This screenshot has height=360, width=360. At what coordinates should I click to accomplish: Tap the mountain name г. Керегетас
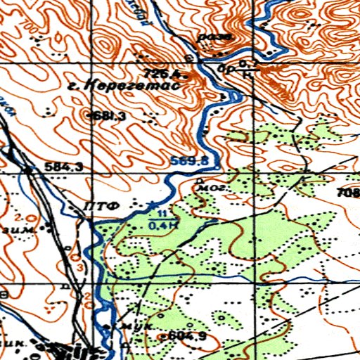click(132, 86)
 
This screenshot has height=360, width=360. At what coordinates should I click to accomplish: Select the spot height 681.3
click(109, 116)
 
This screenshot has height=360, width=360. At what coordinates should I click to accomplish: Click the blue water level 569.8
click(190, 162)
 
